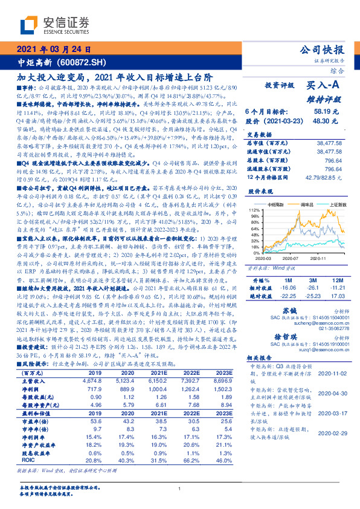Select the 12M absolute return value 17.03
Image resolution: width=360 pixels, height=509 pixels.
[336, 296]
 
